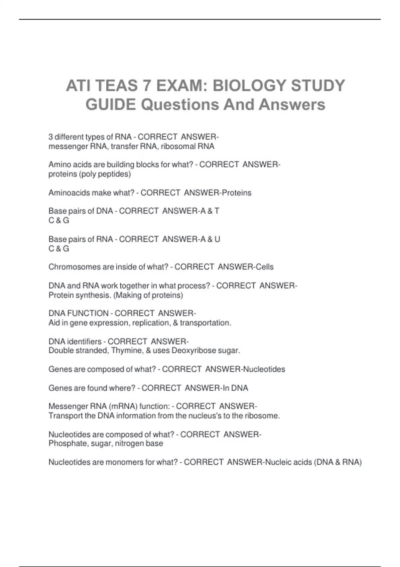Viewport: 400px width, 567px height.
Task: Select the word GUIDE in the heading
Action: [111, 105]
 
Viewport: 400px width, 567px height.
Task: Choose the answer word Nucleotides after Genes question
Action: [264, 369]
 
